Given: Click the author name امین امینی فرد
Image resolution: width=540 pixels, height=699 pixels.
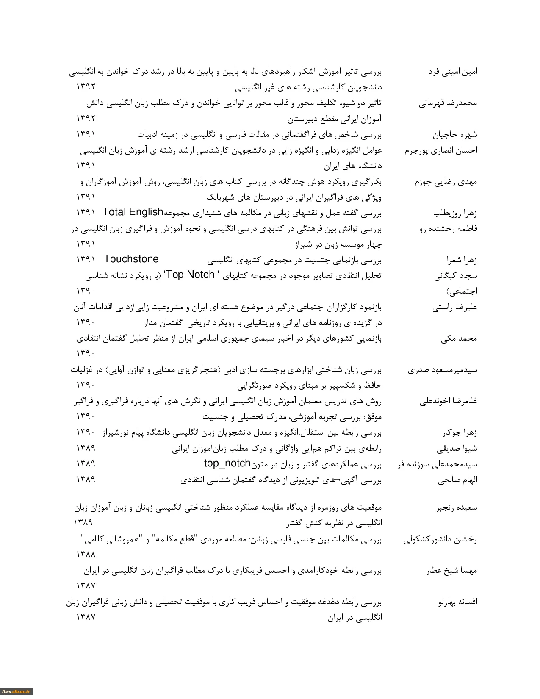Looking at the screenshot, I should pyautogui.click(x=452, y=72).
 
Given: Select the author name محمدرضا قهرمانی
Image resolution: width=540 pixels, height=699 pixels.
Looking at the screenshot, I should pyautogui.click(x=448, y=103).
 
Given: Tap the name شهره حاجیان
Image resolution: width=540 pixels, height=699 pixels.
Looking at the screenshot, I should pyautogui.click(x=455, y=135).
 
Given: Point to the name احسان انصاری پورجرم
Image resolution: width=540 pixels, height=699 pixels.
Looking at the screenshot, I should pyautogui.click(x=441, y=150).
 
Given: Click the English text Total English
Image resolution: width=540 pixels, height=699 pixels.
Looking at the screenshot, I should pyautogui.click(x=133, y=212).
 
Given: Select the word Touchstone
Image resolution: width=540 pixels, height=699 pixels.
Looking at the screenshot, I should pyautogui.click(x=131, y=259).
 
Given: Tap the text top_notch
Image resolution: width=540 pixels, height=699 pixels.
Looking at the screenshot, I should pyautogui.click(x=227, y=463).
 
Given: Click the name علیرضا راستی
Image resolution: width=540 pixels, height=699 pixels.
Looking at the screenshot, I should pyautogui.click(x=455, y=308).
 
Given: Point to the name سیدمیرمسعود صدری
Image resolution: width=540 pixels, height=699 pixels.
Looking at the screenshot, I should pyautogui.click(x=443, y=370).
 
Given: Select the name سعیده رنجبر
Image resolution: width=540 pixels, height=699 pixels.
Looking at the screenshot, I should pyautogui.click(x=457, y=508).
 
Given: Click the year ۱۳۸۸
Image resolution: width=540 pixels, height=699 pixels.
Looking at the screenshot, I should pyautogui.click(x=86, y=554).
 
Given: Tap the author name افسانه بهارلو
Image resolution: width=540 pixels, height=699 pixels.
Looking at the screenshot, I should pyautogui.click(x=457, y=602).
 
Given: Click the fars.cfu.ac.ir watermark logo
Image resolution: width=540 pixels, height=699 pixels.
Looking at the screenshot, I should pyautogui.click(x=17, y=691).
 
